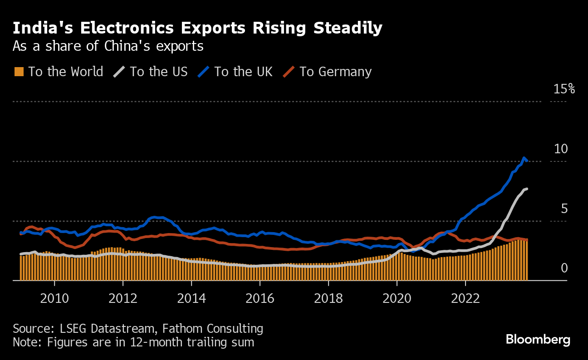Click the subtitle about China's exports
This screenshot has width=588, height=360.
point(108,46)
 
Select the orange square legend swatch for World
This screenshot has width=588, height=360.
point(19,72)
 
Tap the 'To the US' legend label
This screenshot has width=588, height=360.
point(158,72)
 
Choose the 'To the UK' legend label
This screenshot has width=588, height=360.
point(243,72)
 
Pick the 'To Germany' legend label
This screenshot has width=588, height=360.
point(335,72)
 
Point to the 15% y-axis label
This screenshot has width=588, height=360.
point(564,89)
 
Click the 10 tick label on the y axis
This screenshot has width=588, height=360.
point(561,149)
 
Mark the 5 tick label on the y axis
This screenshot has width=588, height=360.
point(564,209)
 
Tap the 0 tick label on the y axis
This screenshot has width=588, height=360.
point(564,268)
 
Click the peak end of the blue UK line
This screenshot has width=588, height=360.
point(524,158)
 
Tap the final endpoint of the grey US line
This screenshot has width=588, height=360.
point(527,189)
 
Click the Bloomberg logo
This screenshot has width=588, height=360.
point(538,339)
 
